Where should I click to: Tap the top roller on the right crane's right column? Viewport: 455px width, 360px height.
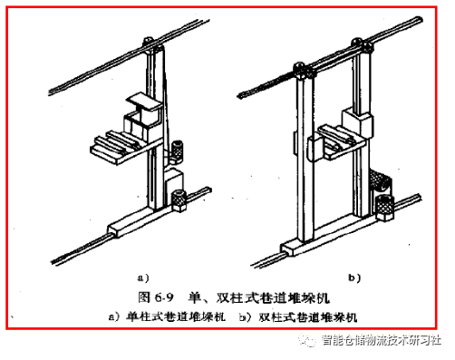(362, 44)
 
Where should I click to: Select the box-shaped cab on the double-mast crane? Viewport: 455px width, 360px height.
(357, 123)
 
